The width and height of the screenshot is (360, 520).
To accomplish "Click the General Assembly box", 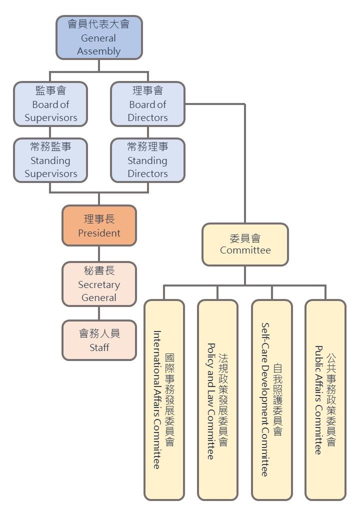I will coord(99,37).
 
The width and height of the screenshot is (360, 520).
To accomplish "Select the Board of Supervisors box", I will coord(50,104).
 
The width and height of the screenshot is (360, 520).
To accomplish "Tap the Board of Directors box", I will coord(147,104).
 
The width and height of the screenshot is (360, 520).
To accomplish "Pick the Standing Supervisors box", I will coord(50,160).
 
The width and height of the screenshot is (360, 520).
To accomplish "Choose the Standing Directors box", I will coord(147,160).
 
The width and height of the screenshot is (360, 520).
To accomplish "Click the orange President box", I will coord(99,225).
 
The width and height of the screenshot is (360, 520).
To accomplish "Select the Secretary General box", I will coord(99,284).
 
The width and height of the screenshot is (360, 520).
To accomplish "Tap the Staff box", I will coord(99,340).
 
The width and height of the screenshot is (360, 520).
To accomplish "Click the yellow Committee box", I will coord(245,244).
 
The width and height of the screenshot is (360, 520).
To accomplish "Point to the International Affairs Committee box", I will coord(164,399).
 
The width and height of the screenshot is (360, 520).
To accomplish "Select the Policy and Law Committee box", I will coord(217,399).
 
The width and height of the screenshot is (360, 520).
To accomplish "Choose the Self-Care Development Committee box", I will coord(271,399).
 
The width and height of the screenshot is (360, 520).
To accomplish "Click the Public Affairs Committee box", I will coord(325,399).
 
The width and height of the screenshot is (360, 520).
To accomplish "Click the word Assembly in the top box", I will coord(99,51).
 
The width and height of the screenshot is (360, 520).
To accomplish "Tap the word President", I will coord(99,233).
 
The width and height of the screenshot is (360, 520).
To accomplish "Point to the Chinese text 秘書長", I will coord(99,271).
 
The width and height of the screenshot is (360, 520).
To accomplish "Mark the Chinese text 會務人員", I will coord(99,333).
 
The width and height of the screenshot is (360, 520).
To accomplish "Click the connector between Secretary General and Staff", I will coord(99,313).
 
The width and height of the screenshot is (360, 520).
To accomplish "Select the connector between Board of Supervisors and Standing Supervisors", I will coord(50,132).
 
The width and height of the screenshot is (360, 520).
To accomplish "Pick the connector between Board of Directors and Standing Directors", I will coord(147,132).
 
